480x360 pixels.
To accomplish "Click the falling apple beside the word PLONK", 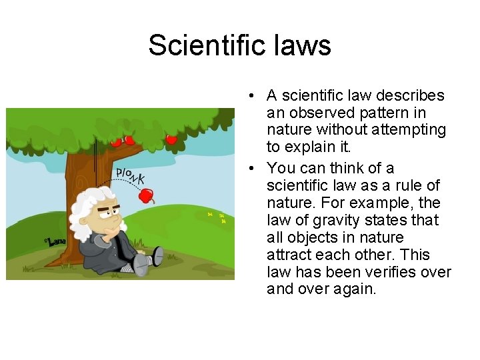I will pos(146,195).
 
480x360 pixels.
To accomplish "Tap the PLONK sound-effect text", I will pos(131,175).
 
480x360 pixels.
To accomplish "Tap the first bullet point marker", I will pos(256,96).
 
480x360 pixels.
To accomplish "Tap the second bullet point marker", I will pos(256,168).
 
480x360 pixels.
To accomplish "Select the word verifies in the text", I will pos(383,272).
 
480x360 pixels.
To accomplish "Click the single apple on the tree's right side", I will pos(171,139).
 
